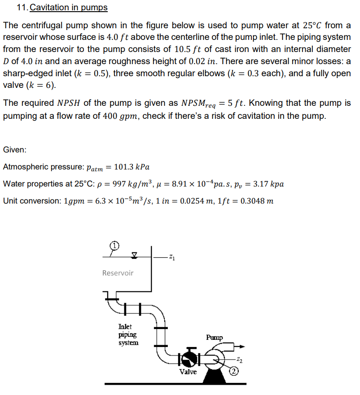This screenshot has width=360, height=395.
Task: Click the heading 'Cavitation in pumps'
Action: point(69,8)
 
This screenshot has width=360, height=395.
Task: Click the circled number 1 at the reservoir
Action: point(115,245)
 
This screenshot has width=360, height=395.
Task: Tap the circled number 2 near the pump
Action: point(234,370)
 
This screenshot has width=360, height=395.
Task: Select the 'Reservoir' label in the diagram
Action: point(118,273)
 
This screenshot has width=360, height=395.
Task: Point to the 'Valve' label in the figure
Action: point(188,372)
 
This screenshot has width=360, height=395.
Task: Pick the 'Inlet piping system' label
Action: point(128,334)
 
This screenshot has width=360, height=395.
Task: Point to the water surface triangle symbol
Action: point(134,255)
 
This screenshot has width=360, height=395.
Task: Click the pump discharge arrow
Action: point(241,346)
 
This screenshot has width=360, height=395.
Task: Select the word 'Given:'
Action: point(15,149)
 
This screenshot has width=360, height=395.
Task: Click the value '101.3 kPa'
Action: point(132,167)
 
